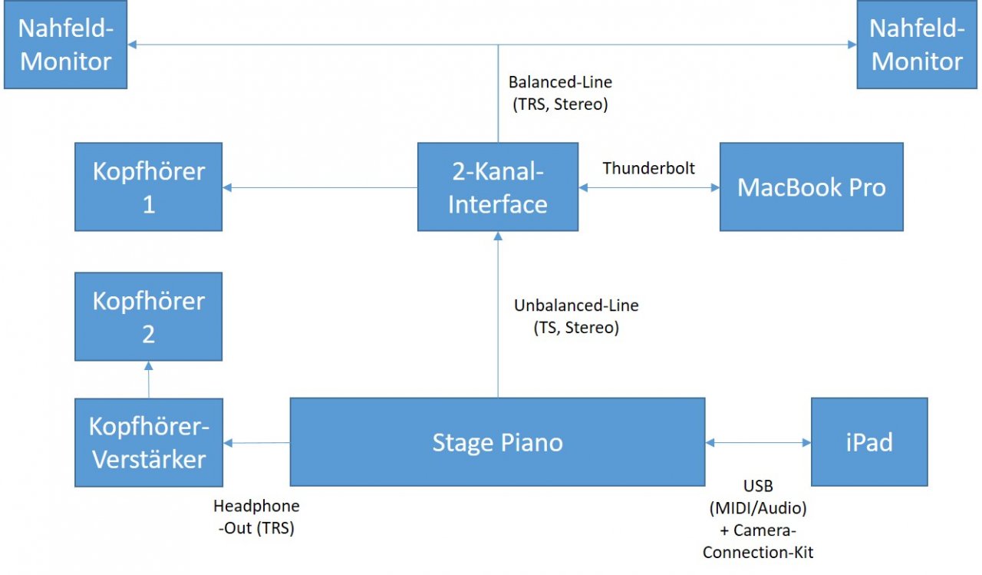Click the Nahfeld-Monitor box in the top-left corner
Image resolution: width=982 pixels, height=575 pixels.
pyautogui.click(x=66, y=45)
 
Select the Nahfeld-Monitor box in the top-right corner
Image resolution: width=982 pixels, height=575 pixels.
pyautogui.click(x=917, y=45)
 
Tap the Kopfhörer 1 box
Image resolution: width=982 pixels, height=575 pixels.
pyautogui.click(x=149, y=187)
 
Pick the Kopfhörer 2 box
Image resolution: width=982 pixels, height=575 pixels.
pyautogui.click(x=149, y=316)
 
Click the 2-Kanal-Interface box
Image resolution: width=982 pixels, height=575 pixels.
pyautogui.click(x=498, y=187)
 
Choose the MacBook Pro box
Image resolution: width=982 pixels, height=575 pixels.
pyautogui.click(x=812, y=187)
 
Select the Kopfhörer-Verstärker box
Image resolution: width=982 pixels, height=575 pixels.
pyautogui.click(x=149, y=442)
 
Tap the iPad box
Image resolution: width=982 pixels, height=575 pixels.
pyautogui.click(x=869, y=442)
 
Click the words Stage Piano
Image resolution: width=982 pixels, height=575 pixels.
pyautogui.click(x=498, y=442)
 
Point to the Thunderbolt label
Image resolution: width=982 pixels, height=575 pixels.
pyautogui.click(x=649, y=168)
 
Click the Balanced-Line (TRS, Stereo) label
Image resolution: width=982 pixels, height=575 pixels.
pyautogui.click(x=560, y=94)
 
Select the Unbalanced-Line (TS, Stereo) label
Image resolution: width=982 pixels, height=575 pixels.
pyautogui.click(x=576, y=316)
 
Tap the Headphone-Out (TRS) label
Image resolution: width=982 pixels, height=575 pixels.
pyautogui.click(x=256, y=517)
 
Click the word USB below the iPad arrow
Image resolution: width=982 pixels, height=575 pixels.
pyautogui.click(x=758, y=486)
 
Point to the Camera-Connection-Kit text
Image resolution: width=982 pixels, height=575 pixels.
pyautogui.click(x=758, y=541)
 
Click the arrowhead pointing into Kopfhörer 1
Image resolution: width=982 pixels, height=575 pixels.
pyautogui.click(x=228, y=188)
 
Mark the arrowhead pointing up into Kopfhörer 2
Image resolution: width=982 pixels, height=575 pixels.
pyautogui.click(x=149, y=365)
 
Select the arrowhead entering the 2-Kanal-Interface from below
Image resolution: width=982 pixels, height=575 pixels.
pyautogui.click(x=498, y=236)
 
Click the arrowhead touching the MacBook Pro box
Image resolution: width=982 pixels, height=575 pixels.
pyautogui.click(x=715, y=188)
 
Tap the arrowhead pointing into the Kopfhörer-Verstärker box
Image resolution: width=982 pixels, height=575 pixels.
pyautogui.click(x=228, y=443)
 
